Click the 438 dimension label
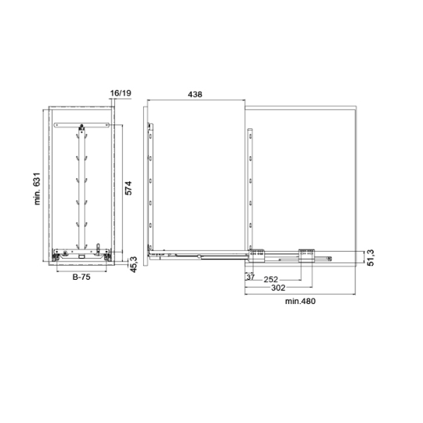point(195,94)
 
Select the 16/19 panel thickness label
point(121,93)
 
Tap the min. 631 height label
point(37,188)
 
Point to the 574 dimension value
point(128,188)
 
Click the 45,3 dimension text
point(134,264)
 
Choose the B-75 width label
point(82,277)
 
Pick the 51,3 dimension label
point(371,258)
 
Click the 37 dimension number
point(250,277)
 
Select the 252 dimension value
point(271,279)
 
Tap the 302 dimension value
point(278,288)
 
